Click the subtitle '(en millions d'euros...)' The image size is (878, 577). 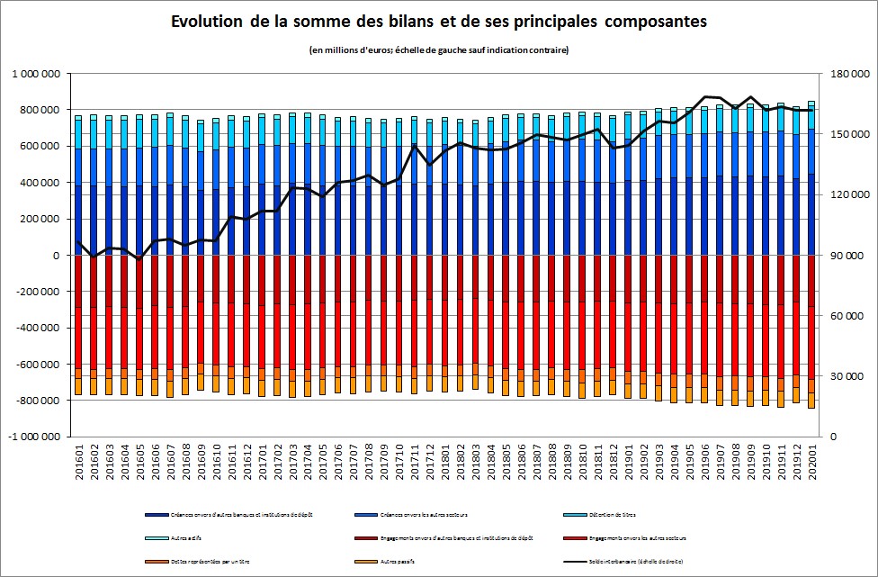click(438, 50)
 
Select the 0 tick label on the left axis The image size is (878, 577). click(56, 256)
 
